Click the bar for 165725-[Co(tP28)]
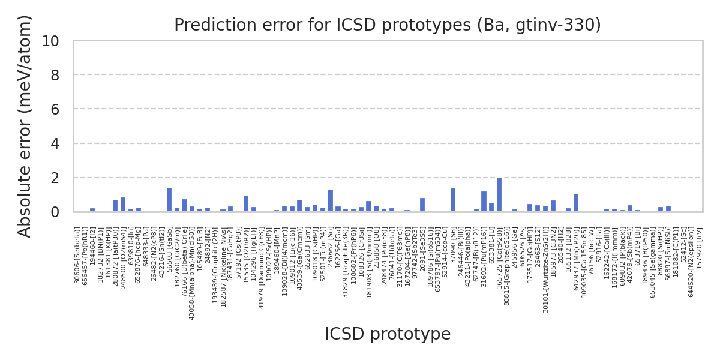(x=499, y=195)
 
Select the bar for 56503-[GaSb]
(x=169, y=200)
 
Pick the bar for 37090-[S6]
(x=453, y=200)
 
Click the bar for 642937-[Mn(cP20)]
(x=576, y=203)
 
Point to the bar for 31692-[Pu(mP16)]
(x=484, y=202)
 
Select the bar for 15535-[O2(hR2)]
(x=246, y=204)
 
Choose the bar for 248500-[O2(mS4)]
(x=123, y=205)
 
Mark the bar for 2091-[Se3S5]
(x=422, y=205)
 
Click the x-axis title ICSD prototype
(x=388, y=334)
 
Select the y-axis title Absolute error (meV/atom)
(x=25, y=126)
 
